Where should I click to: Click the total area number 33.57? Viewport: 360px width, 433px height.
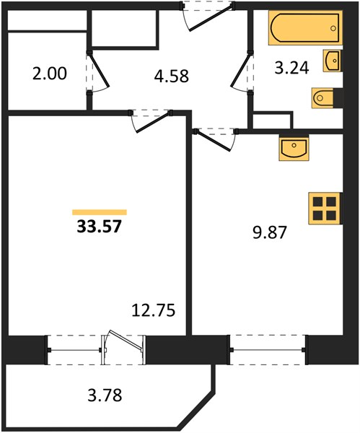click(x=99, y=227)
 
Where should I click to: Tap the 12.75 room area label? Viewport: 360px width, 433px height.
click(x=153, y=310)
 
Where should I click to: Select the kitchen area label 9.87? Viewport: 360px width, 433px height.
click(x=270, y=232)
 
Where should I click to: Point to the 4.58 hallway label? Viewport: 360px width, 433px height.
click(x=172, y=76)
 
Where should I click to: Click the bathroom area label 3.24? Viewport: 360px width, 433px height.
click(x=291, y=68)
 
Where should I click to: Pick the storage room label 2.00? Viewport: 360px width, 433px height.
click(x=49, y=74)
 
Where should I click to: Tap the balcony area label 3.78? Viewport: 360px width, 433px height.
click(x=105, y=395)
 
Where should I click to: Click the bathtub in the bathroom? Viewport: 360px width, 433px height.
click(x=305, y=27)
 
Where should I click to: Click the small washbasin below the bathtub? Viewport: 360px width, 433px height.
click(x=332, y=61)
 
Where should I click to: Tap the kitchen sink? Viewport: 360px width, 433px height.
click(x=294, y=149)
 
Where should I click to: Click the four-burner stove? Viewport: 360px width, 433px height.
click(x=325, y=209)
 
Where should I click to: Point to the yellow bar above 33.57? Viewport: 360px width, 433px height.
click(x=100, y=212)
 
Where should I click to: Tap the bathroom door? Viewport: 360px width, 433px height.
click(x=240, y=71)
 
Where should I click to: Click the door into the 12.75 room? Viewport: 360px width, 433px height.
click(x=152, y=121)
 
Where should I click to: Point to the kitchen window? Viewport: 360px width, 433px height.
click(x=268, y=350)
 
